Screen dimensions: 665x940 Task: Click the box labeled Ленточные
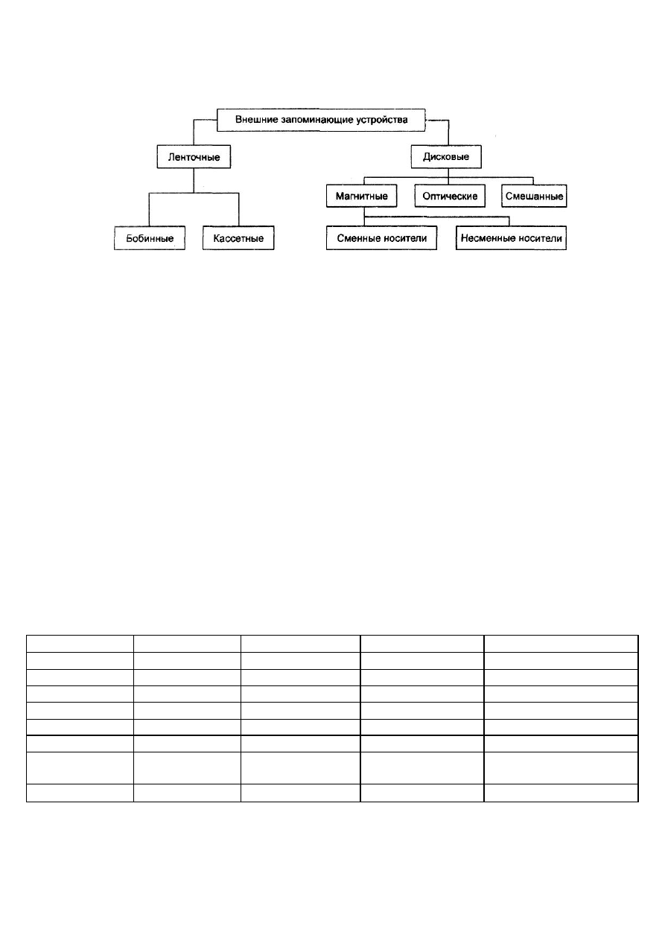pyautogui.click(x=194, y=157)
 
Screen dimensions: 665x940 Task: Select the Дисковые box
pyautogui.click(x=446, y=156)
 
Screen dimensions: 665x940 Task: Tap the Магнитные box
pyautogui.click(x=361, y=196)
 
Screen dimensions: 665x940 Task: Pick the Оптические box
pyautogui.click(x=450, y=196)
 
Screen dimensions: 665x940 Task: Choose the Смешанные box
pyautogui.click(x=534, y=196)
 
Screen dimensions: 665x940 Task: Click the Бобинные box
pyautogui.click(x=150, y=238)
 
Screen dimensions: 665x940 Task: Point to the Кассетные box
pyautogui.click(x=238, y=238)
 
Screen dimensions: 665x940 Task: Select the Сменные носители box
pyautogui.click(x=381, y=238)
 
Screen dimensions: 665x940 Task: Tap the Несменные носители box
pyautogui.click(x=511, y=238)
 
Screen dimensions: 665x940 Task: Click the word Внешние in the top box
pyautogui.click(x=252, y=120)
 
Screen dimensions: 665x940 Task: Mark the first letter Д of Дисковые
pyautogui.click(x=427, y=157)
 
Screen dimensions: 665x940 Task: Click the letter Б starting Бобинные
pyautogui.click(x=130, y=238)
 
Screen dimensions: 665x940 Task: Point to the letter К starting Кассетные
pyautogui.click(x=217, y=238)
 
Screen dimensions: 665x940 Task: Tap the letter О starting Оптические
pyautogui.click(x=426, y=196)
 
